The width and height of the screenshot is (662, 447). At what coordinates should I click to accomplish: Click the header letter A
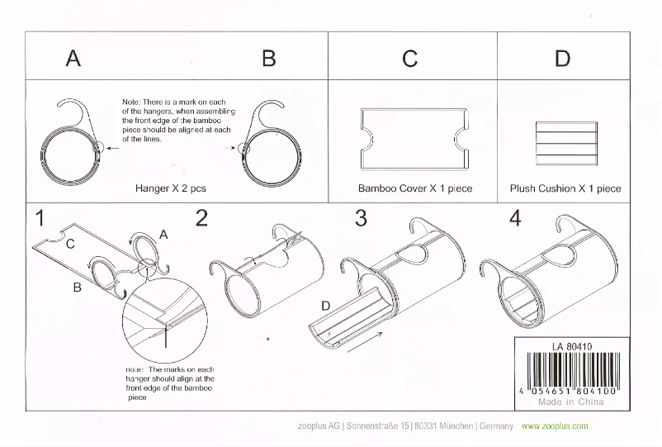73,59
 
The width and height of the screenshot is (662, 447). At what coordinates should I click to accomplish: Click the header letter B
268,59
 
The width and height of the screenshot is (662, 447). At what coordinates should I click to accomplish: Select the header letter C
409,59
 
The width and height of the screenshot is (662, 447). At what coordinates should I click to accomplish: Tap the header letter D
562,59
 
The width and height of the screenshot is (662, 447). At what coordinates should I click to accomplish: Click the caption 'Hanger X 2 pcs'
171,188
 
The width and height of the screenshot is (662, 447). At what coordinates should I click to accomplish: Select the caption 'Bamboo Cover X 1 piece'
415,188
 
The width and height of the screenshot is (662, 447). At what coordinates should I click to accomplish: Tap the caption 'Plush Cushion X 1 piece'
565,188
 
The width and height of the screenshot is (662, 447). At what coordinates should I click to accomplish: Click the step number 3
361,218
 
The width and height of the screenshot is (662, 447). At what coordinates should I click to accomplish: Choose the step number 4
516,218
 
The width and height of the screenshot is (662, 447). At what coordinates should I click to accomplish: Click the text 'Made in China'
570,402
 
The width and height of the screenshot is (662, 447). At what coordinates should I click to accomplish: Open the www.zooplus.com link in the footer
555,426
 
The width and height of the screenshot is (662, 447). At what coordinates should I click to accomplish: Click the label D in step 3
326,307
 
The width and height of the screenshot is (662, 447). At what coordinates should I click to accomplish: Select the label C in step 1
70,245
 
